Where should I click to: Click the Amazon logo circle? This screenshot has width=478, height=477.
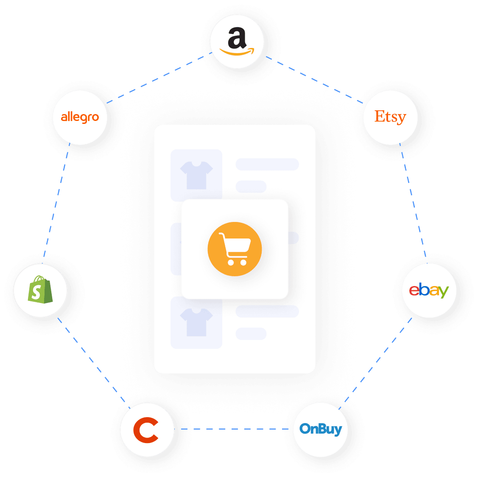point(237,42)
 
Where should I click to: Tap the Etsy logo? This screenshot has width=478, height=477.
point(390,117)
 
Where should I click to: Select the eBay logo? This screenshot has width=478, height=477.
point(429,291)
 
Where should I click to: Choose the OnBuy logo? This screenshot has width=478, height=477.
point(321,429)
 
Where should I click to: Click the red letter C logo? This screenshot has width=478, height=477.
point(146,429)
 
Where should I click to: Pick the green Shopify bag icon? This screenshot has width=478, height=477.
point(40,290)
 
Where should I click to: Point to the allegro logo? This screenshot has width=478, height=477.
point(80,117)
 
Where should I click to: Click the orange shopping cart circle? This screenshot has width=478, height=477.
point(235,249)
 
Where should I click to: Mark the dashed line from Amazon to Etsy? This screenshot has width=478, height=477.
point(314,79)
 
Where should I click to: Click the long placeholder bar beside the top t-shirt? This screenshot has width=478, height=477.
point(267,164)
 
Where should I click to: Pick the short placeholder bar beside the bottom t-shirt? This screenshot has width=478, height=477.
point(251,334)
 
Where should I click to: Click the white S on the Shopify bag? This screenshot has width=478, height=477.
point(37,292)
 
